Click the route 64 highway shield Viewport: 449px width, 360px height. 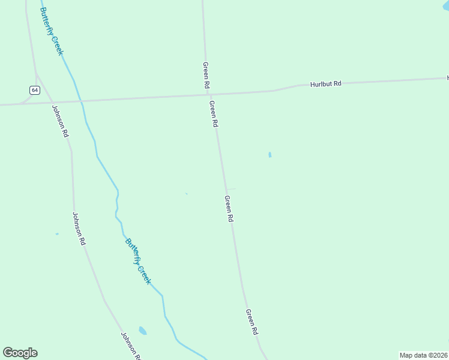[35, 90]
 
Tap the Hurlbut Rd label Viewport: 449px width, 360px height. [325, 84]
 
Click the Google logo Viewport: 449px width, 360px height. [20, 353]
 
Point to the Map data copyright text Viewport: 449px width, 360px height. [424, 355]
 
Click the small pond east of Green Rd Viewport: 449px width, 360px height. [270, 155]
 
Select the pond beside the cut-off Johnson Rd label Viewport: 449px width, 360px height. [142, 331]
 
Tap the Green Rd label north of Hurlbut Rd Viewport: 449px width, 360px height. [205, 76]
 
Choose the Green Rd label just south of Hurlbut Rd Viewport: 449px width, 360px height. [213, 113]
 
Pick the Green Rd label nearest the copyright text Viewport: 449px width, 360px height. [252, 322]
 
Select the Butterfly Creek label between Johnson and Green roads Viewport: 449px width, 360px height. [138, 262]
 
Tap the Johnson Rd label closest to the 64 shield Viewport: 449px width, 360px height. [60, 122]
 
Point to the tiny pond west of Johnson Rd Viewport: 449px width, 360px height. [57, 234]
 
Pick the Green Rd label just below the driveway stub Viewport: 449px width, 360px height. [228, 209]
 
